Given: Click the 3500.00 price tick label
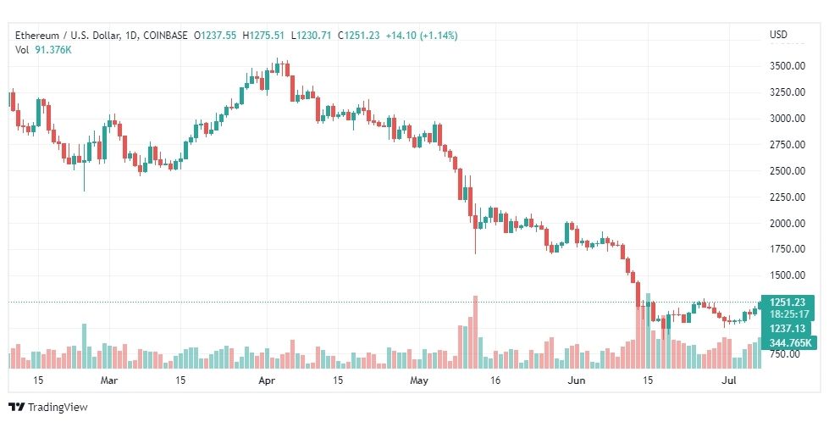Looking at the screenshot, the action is [x=788, y=66].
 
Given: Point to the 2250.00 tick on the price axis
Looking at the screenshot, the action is [x=788, y=197].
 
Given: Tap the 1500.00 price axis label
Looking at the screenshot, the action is [x=788, y=275].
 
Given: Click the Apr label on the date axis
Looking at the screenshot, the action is [x=267, y=380].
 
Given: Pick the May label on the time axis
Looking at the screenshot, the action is [x=419, y=380].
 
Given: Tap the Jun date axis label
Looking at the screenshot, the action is [x=577, y=380].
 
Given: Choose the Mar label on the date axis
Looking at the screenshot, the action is [x=109, y=380].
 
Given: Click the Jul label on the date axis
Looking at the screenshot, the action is [x=730, y=380].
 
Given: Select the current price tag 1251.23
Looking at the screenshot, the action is [x=788, y=303].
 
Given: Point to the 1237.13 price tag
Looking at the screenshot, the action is [x=788, y=329].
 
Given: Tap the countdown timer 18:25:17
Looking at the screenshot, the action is [x=788, y=314].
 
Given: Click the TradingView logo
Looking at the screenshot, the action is [x=48, y=408].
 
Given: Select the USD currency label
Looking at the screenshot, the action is [x=778, y=35].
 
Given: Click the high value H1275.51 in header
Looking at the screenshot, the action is [x=263, y=36].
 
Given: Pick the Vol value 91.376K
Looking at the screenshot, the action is [x=53, y=50].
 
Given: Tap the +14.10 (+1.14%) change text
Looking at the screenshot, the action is [x=422, y=36].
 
